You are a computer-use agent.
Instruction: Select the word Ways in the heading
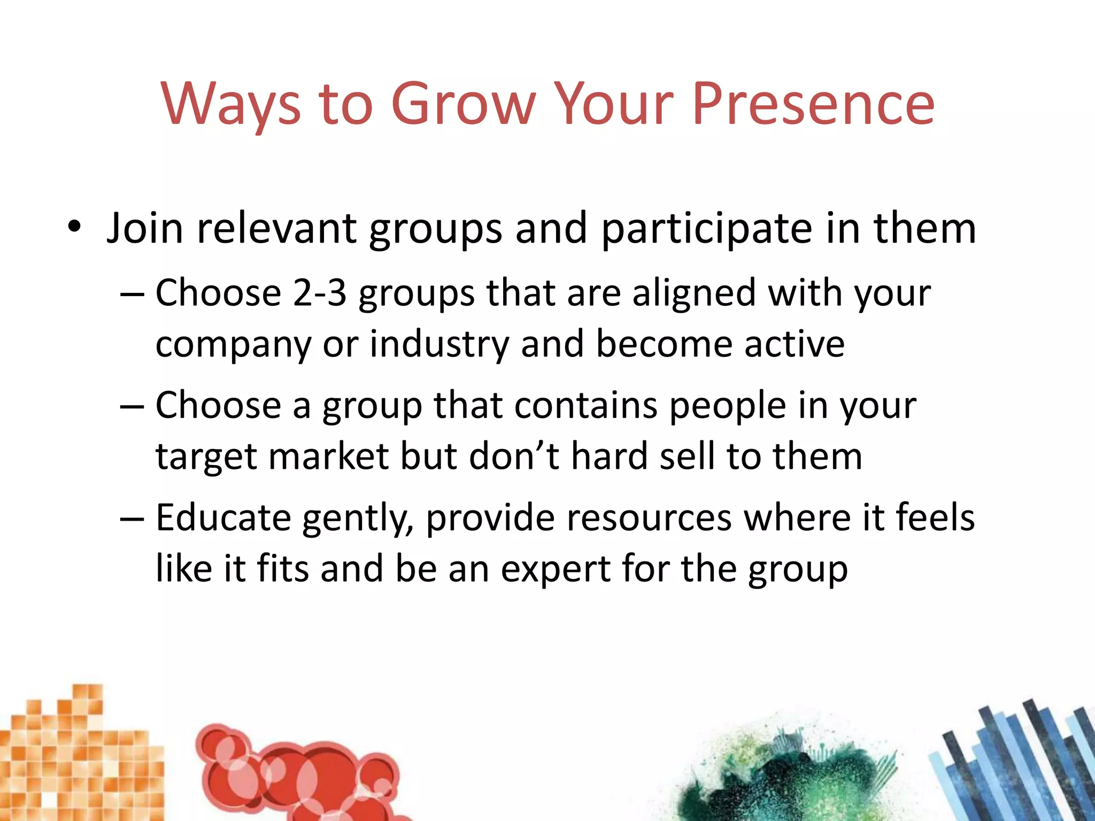click(x=230, y=105)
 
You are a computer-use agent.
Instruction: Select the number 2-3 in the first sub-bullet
click(x=319, y=293)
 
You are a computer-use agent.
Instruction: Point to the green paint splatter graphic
click(x=786, y=775)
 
